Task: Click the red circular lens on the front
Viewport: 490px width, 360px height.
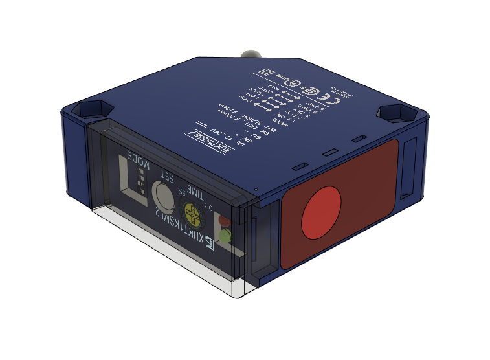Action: pos(321,212)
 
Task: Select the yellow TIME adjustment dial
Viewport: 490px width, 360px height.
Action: pos(192,211)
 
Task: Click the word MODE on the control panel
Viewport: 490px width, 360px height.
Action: pos(138,161)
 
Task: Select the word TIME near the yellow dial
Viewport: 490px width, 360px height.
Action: pos(194,194)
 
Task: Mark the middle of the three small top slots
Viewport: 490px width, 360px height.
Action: pos(330,153)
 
